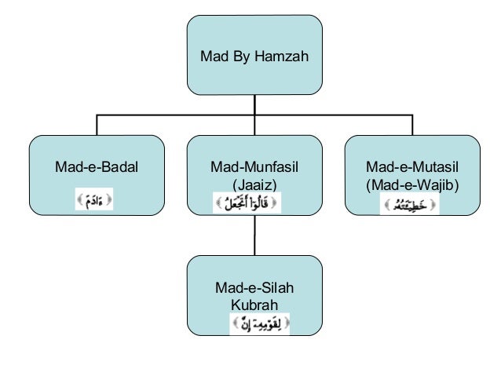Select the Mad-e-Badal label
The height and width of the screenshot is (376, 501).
pos(96,167)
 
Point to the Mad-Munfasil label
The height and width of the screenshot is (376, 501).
pos(254,167)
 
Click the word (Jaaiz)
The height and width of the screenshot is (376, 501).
pos(254,184)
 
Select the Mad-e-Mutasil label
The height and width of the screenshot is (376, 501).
pos(412,167)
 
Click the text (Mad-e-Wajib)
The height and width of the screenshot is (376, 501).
pos(412,184)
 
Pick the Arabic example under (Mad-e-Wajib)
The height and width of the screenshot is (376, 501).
pos(409,206)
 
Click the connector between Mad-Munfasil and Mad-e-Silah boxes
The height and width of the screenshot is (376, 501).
pos(254,235)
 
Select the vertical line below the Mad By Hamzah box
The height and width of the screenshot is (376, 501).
pos(254,105)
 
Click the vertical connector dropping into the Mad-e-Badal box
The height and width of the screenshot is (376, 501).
pos(97,125)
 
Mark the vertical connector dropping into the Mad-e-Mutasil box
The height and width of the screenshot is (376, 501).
pos(412,125)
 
